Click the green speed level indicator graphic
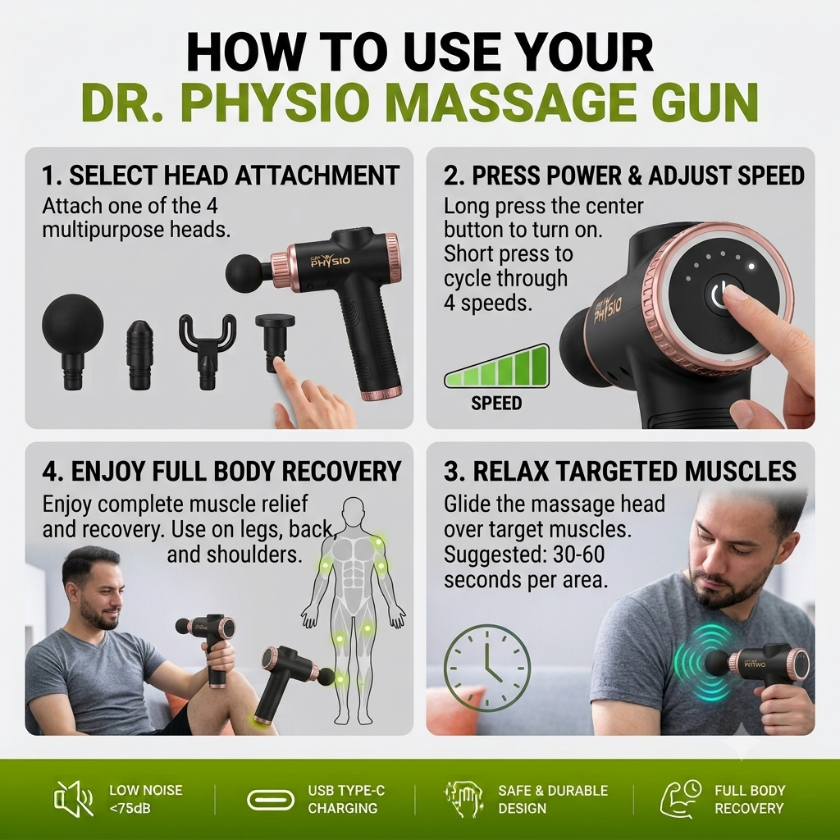497,366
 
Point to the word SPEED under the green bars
496,403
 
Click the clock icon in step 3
487,668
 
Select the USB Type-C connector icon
271,800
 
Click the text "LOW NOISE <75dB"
146,799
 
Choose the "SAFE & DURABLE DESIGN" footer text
553,799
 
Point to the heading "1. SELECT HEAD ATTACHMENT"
221,176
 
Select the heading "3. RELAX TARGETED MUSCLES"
620,471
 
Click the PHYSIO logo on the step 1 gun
330,261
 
